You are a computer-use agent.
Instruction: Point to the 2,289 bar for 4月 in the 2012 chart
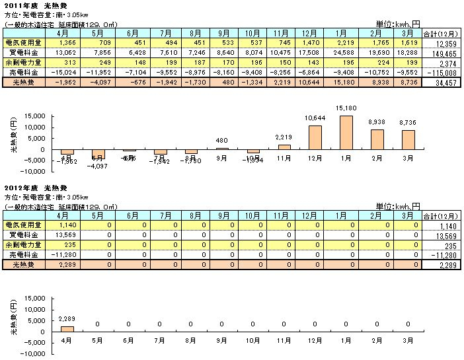pyautogui.click(x=67, y=329)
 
